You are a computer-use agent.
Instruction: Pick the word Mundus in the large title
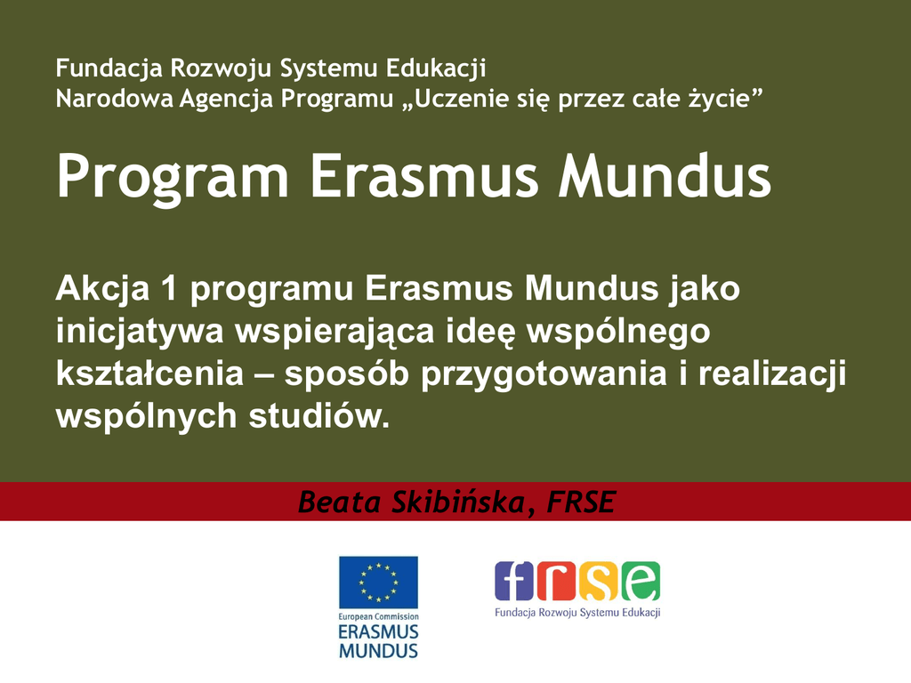pos(665,175)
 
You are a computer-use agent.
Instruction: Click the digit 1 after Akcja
pos(170,289)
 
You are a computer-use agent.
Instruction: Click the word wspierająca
pos(335,332)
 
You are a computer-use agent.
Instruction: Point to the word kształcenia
pos(149,374)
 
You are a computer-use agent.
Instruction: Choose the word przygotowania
pos(544,374)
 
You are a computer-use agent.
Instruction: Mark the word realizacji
pos(771,374)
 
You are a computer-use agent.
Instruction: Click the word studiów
pos(319,416)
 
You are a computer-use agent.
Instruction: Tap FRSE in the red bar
pos(581,502)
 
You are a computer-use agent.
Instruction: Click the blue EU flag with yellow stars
pos(378,583)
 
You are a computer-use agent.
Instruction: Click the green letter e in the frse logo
pos(641,581)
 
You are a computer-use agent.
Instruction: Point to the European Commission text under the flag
pos(378,617)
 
